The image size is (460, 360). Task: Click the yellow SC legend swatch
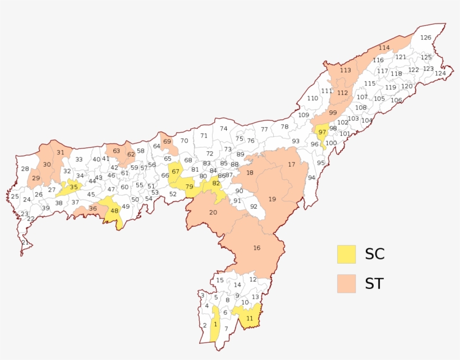[346, 254]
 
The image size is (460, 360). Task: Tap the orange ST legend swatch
[346, 283]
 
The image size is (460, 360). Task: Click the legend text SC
[374, 254]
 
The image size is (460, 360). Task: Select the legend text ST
[374, 284]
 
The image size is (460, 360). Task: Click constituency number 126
[426, 38]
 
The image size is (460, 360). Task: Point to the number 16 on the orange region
[257, 248]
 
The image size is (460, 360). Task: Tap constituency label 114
[384, 48]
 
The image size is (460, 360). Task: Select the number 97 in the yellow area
[322, 132]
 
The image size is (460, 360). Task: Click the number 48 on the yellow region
[114, 211]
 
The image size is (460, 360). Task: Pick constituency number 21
[25, 242]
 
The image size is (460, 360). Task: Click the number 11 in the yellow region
[250, 319]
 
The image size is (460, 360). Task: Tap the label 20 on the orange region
[213, 212]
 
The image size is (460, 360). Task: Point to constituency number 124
[440, 73]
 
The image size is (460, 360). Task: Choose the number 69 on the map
[167, 141]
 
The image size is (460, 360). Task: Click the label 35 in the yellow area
[73, 187]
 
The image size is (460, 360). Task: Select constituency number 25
[15, 196]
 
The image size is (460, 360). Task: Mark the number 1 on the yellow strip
[215, 324]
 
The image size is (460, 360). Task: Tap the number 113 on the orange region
[345, 70]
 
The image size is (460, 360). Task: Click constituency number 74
[223, 128]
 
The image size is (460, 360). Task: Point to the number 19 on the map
[272, 199]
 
